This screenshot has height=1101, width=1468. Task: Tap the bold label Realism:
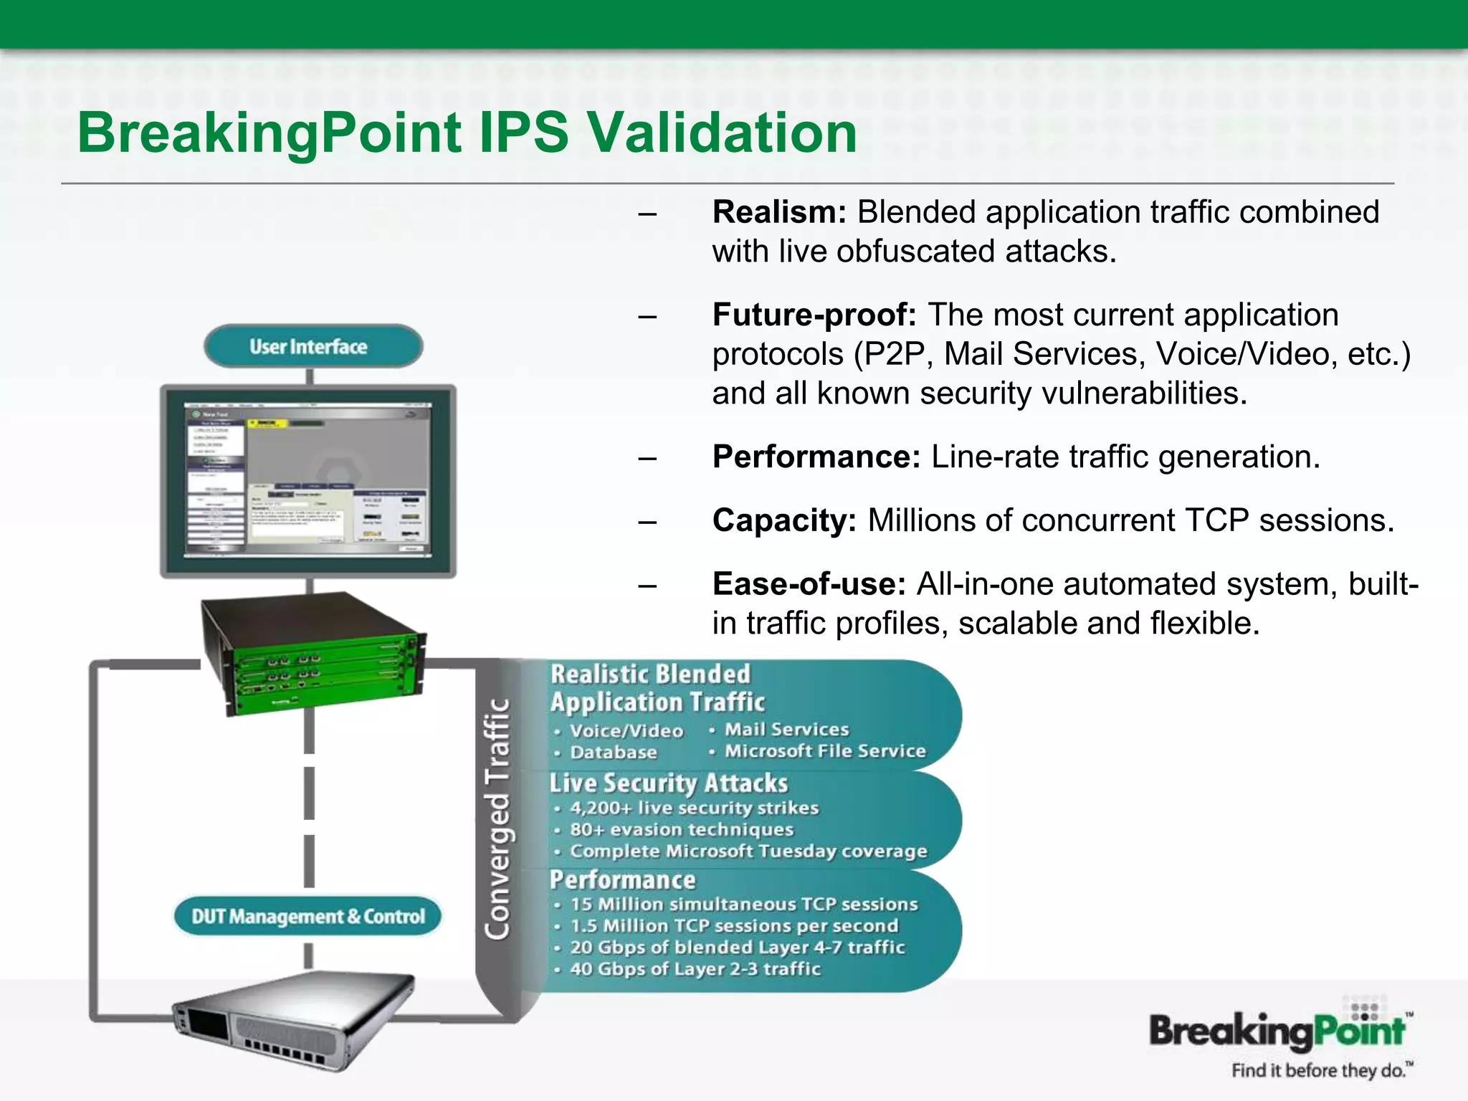[x=779, y=213]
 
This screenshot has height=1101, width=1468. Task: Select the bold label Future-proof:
[x=814, y=315]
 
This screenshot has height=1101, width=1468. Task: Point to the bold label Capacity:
[x=784, y=521]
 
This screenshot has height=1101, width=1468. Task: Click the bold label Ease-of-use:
[x=809, y=585]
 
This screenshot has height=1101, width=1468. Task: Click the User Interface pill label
[x=309, y=347]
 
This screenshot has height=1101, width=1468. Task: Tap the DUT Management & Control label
[x=308, y=917]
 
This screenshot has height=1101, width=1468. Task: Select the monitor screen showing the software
[x=309, y=480]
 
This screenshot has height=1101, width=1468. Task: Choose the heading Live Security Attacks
[x=668, y=783]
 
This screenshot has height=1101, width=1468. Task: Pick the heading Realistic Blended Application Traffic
[x=656, y=688]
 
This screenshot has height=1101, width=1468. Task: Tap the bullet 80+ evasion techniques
[x=681, y=830]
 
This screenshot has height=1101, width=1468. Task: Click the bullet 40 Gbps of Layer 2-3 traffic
[x=695, y=969]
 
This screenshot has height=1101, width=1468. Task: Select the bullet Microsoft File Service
[x=824, y=751]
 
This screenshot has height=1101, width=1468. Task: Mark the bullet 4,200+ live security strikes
[x=693, y=809]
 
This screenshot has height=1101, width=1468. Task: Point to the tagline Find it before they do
[x=1320, y=1071]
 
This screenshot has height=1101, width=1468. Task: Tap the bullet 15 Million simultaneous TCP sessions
[x=743, y=905]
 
